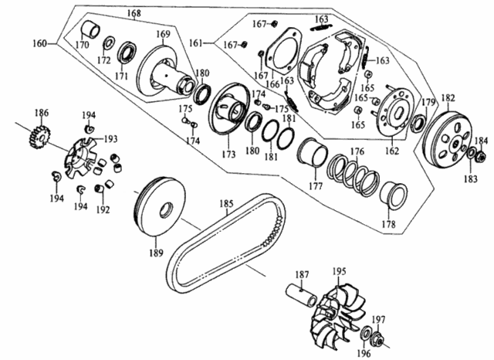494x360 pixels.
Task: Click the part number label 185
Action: click(x=225, y=205)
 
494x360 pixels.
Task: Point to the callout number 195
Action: click(x=339, y=272)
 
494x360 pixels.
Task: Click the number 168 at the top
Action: click(x=134, y=13)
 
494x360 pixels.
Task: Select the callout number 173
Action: click(x=207, y=155)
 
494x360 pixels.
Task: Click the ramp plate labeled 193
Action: click(x=85, y=151)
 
